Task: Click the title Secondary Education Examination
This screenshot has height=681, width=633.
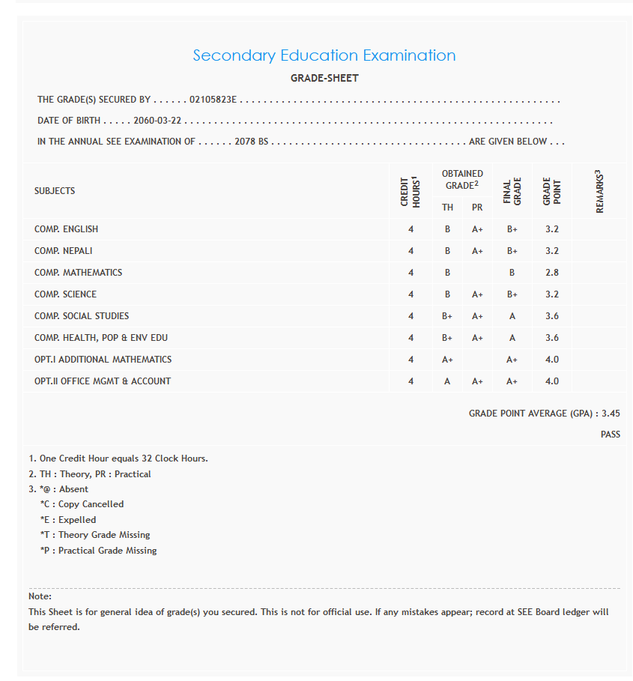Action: point(324,55)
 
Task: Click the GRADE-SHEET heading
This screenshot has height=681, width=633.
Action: point(324,78)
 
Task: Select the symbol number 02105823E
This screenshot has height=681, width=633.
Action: point(213,100)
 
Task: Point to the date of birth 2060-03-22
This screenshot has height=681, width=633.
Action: point(158,121)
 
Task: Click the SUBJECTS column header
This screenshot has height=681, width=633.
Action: point(55,191)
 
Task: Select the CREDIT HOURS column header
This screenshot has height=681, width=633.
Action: point(410,191)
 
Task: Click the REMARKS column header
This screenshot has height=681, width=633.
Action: point(599,191)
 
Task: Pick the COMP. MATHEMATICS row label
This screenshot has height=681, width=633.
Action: point(78,273)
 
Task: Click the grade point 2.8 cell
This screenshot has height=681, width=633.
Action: point(552,273)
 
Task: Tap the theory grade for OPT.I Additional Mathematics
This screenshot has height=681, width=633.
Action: point(447,360)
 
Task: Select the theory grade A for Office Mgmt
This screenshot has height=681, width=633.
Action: point(447,381)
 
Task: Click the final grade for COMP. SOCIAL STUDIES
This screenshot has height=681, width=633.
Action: point(512,316)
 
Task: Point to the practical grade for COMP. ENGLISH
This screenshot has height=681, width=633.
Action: point(477,229)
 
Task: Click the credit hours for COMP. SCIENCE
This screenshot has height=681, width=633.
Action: point(411,294)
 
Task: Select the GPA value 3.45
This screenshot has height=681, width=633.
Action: point(611,414)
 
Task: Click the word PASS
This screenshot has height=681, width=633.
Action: point(610,435)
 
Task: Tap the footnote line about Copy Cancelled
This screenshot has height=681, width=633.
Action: point(82,504)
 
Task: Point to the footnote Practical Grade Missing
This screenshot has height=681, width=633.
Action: point(98,551)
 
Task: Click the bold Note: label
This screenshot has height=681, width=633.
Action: point(40,596)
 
